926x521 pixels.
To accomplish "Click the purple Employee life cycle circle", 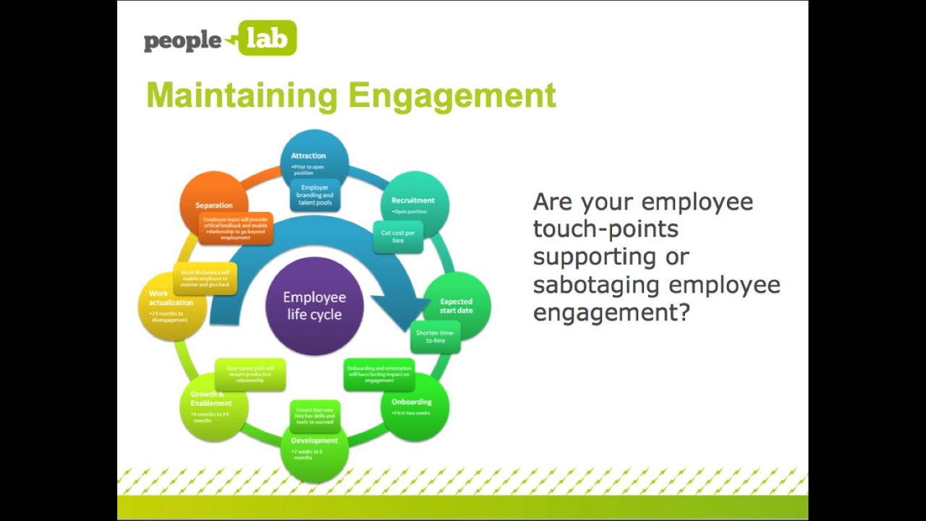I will pyautogui.click(x=314, y=306).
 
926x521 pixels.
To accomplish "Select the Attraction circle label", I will pyautogui.click(x=308, y=156).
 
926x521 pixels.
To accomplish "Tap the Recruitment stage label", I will pyautogui.click(x=412, y=200).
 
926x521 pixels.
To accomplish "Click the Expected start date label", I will pyautogui.click(x=456, y=306).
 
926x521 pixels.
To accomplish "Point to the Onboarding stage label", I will pyautogui.click(x=411, y=402).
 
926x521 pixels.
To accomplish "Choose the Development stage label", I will pyautogui.click(x=314, y=440).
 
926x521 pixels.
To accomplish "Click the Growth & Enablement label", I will pyautogui.click(x=211, y=399).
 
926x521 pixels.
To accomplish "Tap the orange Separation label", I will pyautogui.click(x=214, y=206).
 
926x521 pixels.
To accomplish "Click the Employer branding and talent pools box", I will pyautogui.click(x=315, y=195).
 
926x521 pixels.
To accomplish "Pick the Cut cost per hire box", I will pyautogui.click(x=398, y=237).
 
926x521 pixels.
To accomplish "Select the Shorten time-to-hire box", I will pyautogui.click(x=435, y=336).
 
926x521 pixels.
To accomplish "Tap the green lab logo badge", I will pyautogui.click(x=267, y=38).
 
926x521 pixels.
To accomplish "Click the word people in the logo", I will pyautogui.click(x=182, y=41).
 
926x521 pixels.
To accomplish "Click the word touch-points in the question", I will pyautogui.click(x=606, y=229).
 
